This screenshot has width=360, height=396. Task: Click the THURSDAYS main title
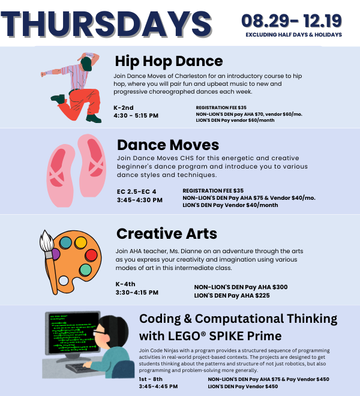pyautogui.click(x=106, y=25)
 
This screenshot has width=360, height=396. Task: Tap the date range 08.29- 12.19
pyautogui.click(x=292, y=21)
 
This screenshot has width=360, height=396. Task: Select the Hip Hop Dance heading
pyautogui.click(x=169, y=61)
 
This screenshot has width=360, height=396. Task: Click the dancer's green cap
pyautogui.click(x=86, y=64)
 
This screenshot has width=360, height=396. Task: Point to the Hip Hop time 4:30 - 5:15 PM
pyautogui.click(x=136, y=116)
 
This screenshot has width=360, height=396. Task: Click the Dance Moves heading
pyautogui.click(x=168, y=145)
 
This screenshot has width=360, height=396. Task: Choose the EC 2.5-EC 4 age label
pyautogui.click(x=136, y=191)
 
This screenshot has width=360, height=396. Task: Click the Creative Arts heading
pyautogui.click(x=167, y=233)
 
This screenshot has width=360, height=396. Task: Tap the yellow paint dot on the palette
pyautogui.click(x=81, y=242)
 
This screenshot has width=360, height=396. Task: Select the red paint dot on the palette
pyautogui.click(x=91, y=256)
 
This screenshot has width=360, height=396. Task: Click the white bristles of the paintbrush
pyautogui.click(x=46, y=241)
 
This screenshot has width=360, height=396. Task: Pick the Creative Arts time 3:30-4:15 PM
pyautogui.click(x=137, y=293)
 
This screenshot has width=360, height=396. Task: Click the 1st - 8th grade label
pyautogui.click(x=151, y=379)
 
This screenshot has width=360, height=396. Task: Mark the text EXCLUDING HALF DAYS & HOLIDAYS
pyautogui.click(x=294, y=35)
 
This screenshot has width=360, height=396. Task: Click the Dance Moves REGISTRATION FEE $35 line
pyautogui.click(x=213, y=191)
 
